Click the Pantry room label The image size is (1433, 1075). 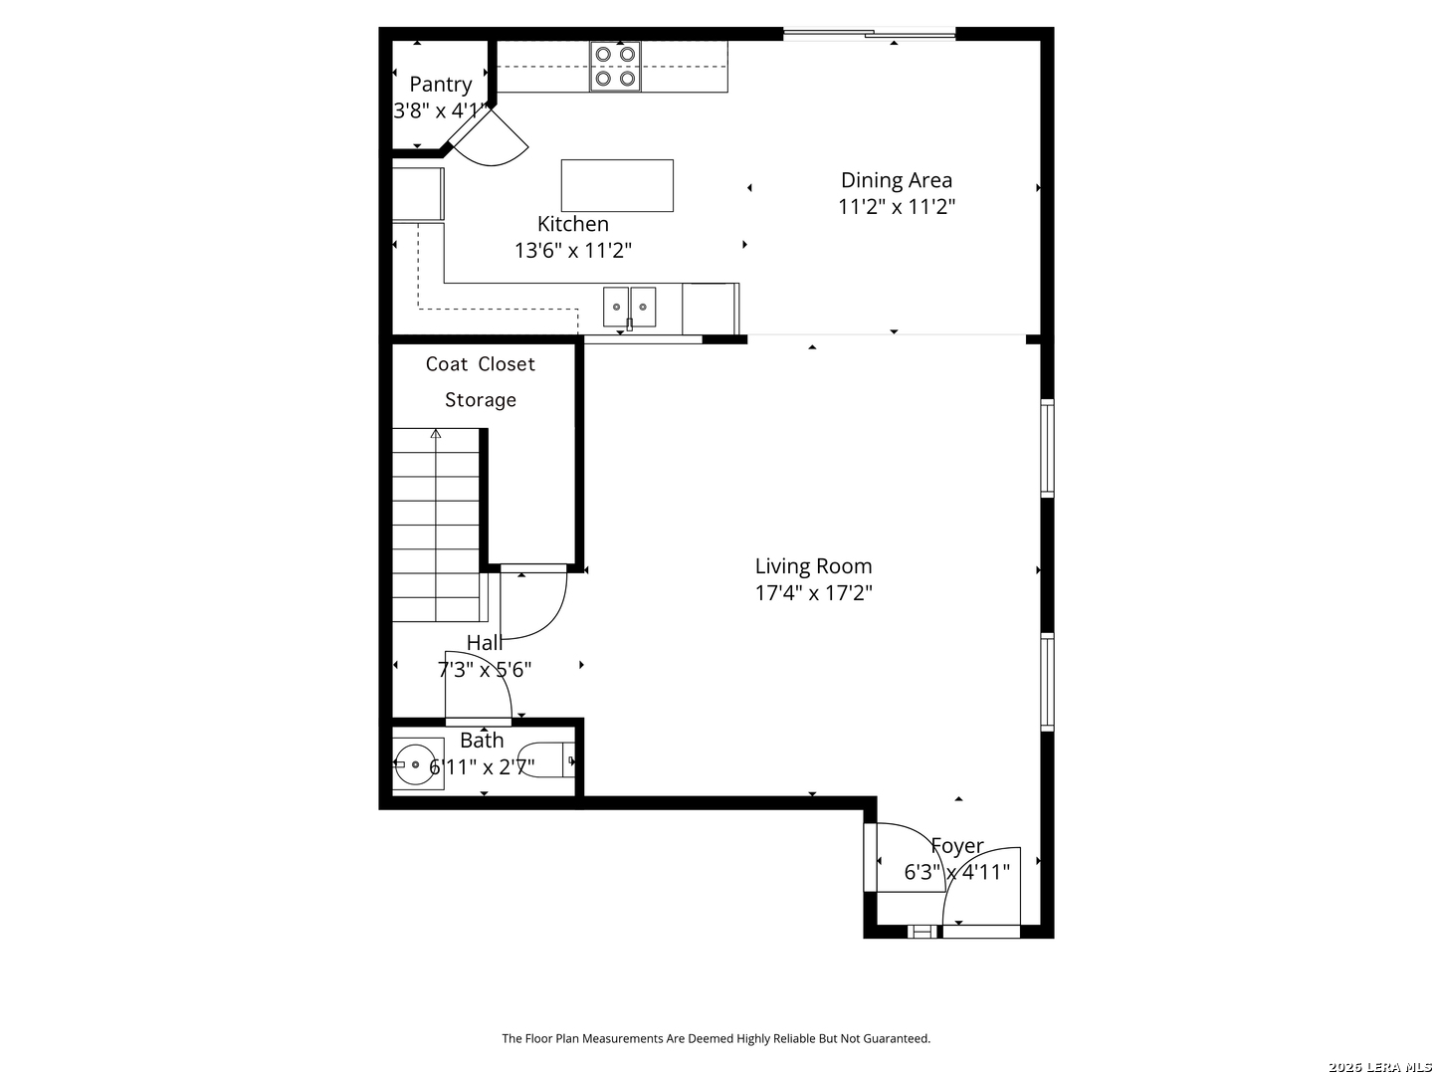441,85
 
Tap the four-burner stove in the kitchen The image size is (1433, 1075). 615,66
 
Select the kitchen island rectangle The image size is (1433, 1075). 617,185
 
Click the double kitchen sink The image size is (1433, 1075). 629,307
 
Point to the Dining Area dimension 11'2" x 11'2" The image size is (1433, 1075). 897,207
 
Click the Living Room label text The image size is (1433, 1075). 813,566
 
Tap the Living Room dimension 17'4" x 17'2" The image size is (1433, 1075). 813,593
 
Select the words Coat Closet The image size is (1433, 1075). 480,364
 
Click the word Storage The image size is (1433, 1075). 481,400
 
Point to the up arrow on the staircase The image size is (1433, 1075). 436,433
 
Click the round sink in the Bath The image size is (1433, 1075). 415,764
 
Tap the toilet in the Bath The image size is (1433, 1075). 547,760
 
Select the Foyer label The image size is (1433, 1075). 957,846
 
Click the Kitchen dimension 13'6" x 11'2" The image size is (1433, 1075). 573,251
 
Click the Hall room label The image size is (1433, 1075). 485,643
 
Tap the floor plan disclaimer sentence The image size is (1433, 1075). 716,1038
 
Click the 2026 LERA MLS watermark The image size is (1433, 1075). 1379,1066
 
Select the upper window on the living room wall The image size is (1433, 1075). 1047,448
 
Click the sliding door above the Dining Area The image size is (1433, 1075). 869,33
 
